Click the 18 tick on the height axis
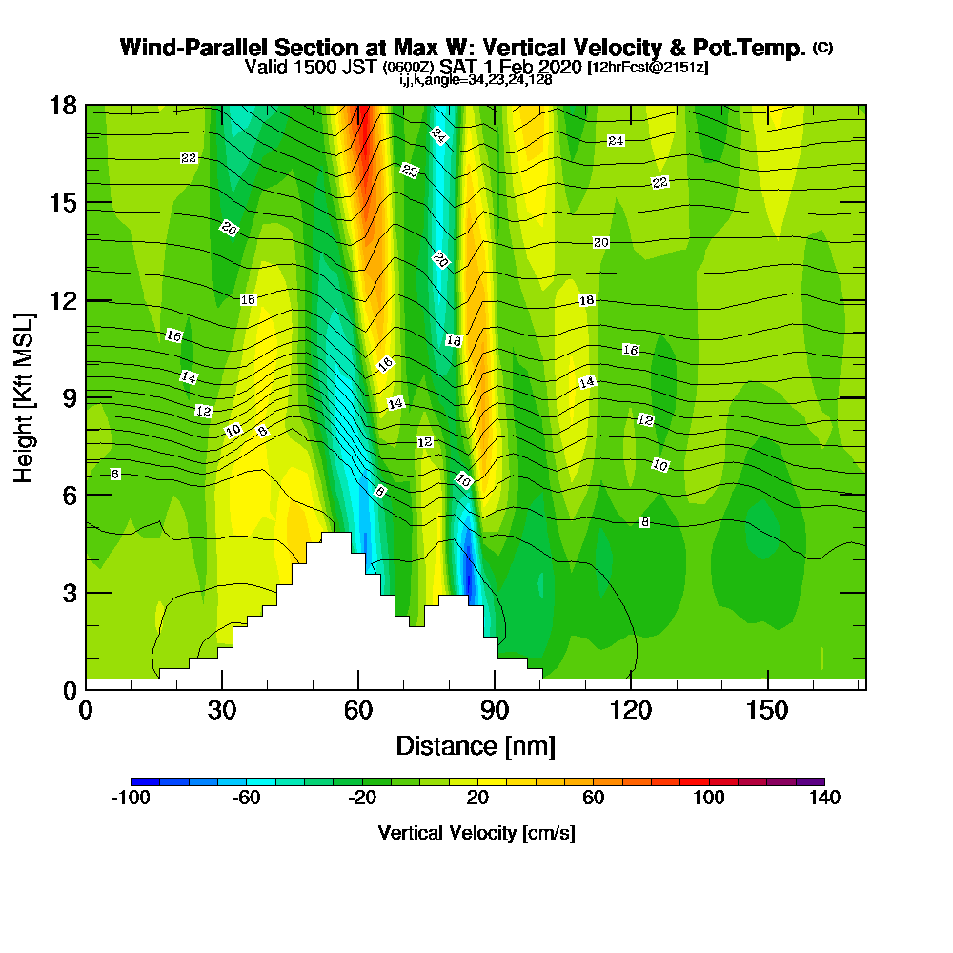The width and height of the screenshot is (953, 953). click(64, 106)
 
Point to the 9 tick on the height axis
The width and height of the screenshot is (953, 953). click(69, 396)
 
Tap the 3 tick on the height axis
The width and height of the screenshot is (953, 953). click(69, 592)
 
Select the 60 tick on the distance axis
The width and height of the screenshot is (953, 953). click(358, 710)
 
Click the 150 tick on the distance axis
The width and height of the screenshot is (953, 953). click(767, 710)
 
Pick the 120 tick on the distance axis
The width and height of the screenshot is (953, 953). click(631, 710)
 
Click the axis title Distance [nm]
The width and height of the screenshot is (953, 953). click(476, 745)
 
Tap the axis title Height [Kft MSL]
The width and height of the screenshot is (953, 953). click(24, 396)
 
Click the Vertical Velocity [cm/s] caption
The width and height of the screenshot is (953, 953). click(476, 833)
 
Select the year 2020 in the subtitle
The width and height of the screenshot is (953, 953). click(558, 67)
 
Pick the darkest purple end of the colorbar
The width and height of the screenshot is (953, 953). click(817, 781)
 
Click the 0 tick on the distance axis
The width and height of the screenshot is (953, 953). click(86, 710)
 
